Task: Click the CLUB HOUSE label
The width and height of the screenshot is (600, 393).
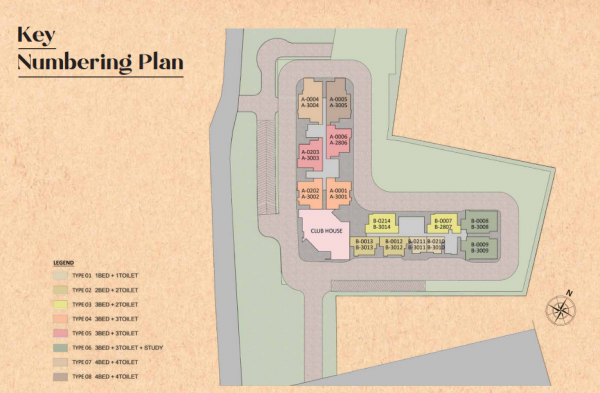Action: tap(327, 231)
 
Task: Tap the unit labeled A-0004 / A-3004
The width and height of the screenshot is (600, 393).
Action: tap(310, 102)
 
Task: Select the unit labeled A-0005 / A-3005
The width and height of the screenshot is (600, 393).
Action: tap(340, 102)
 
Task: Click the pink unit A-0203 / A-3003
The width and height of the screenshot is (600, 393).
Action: tap(310, 155)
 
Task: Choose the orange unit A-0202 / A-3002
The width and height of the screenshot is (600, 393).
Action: tap(310, 193)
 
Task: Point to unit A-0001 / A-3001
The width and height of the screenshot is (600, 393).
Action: tap(340, 193)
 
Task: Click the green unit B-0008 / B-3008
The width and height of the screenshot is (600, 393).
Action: tap(481, 223)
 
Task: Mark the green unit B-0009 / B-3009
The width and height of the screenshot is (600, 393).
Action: tap(481, 247)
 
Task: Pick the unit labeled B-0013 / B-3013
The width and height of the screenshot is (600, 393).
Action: tap(366, 244)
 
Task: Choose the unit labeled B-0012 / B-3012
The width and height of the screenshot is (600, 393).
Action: tap(395, 244)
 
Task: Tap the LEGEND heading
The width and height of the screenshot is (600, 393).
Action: tap(63, 263)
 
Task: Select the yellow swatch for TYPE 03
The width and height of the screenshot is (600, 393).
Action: tap(59, 302)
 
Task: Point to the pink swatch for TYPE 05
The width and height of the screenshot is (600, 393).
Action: tap(59, 331)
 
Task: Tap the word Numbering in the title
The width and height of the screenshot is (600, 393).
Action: tap(74, 62)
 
